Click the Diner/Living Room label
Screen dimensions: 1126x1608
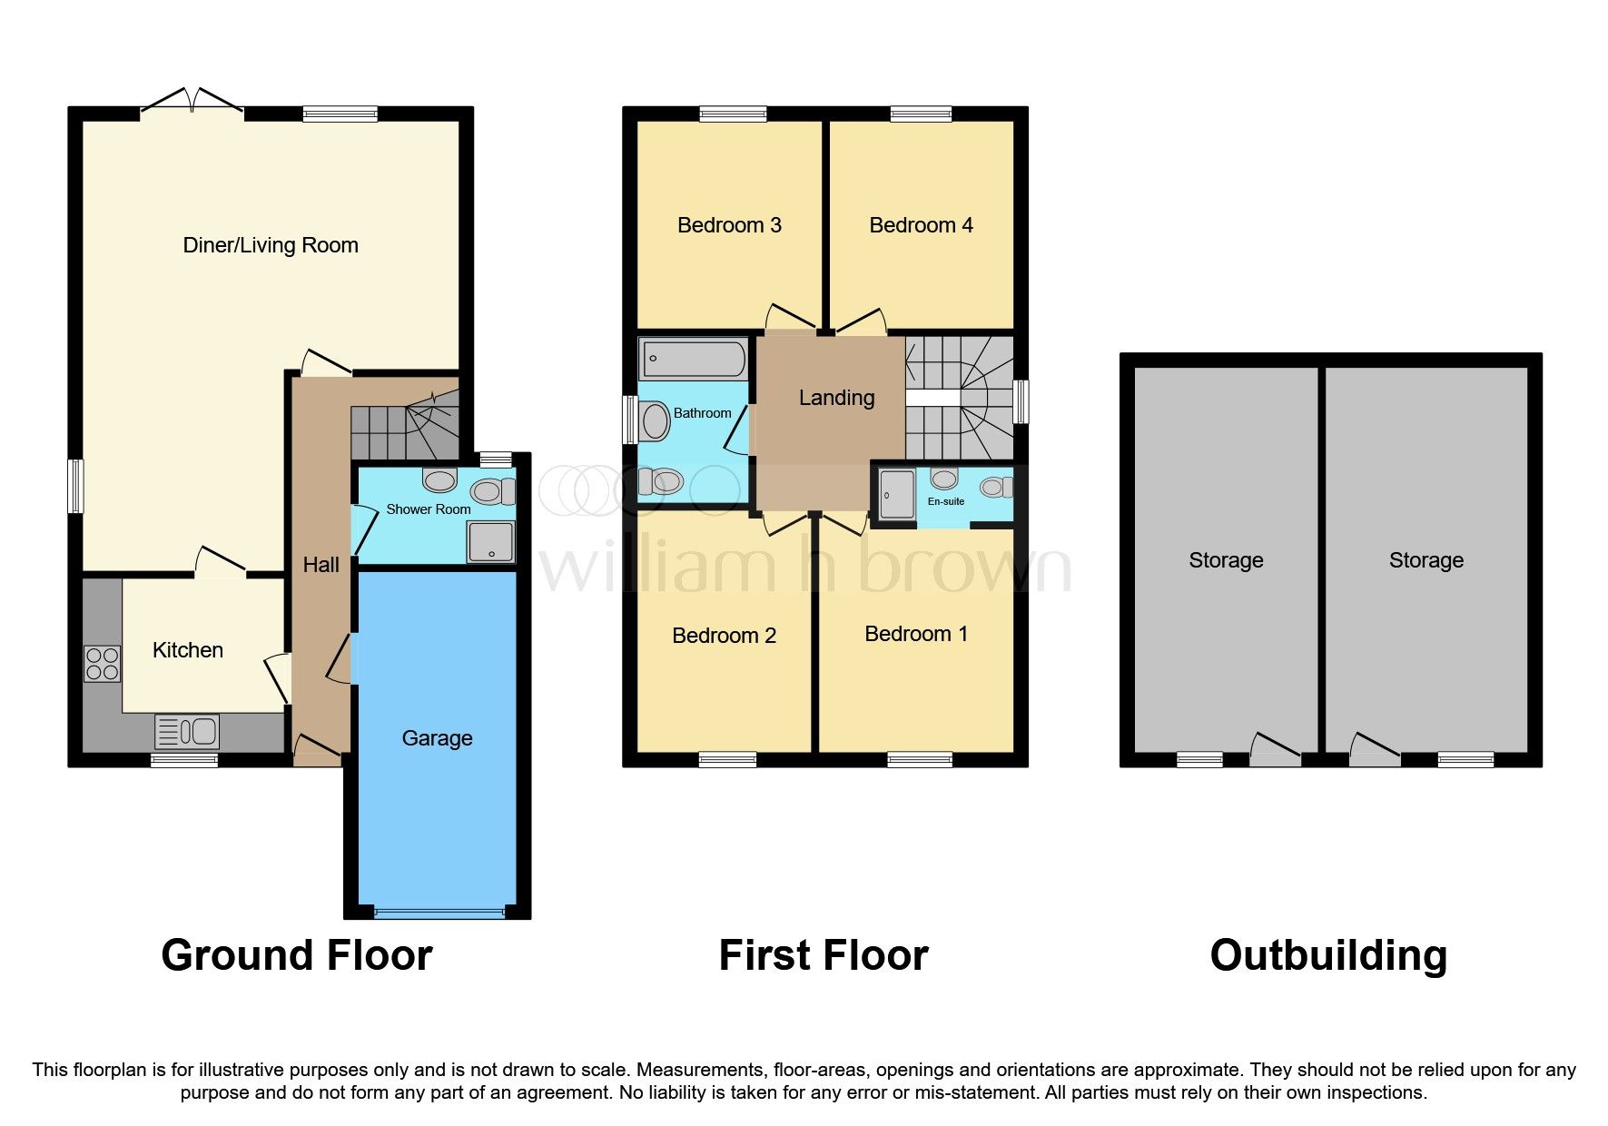[x=271, y=245]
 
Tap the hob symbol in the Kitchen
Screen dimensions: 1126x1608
[x=102, y=663]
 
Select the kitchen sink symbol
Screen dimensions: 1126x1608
[x=187, y=731]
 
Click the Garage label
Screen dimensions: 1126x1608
[x=437, y=738]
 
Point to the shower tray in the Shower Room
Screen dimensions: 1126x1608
[x=490, y=542]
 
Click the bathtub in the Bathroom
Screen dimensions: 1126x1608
[x=693, y=360]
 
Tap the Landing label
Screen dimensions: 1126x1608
[x=836, y=398]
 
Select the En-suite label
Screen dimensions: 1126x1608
[x=945, y=501]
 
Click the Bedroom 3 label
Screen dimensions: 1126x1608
[x=729, y=225]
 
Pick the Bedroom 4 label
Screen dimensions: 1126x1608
[x=921, y=225]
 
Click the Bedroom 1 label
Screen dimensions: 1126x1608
[x=915, y=634]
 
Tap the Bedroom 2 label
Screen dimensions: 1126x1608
[x=724, y=636]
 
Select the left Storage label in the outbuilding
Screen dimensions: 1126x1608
[x=1226, y=560]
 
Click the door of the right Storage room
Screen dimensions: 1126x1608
[x=1374, y=749]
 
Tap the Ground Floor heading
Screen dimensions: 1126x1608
[x=296, y=955]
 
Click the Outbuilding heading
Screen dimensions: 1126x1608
[x=1327, y=955]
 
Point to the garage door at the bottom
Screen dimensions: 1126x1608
[x=439, y=911]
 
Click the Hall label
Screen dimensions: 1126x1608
[x=321, y=565]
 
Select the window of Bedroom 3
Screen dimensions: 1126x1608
[x=733, y=114]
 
